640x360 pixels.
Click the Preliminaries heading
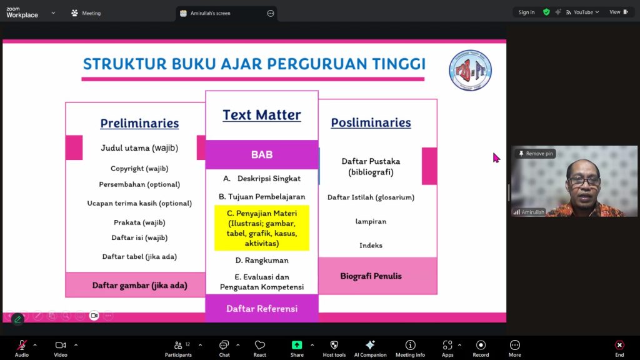[139, 123]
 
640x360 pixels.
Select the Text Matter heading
[262, 115]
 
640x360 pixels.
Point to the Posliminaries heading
[371, 122]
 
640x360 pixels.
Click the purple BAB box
[262, 155]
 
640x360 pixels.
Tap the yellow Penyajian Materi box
[262, 228]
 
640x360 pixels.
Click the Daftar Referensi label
[262, 309]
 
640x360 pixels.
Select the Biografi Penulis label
[371, 276]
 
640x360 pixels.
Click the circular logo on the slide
[470, 70]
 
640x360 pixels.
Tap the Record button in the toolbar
[481, 349]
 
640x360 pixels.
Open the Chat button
[224, 349]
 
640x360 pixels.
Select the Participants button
[178, 349]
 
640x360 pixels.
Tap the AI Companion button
[370, 349]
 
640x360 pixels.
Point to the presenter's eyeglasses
[584, 181]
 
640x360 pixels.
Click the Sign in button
[526, 12]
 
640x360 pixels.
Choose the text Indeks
[371, 245]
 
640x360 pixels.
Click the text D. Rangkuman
[262, 261]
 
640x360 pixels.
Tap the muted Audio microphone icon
[22, 345]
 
